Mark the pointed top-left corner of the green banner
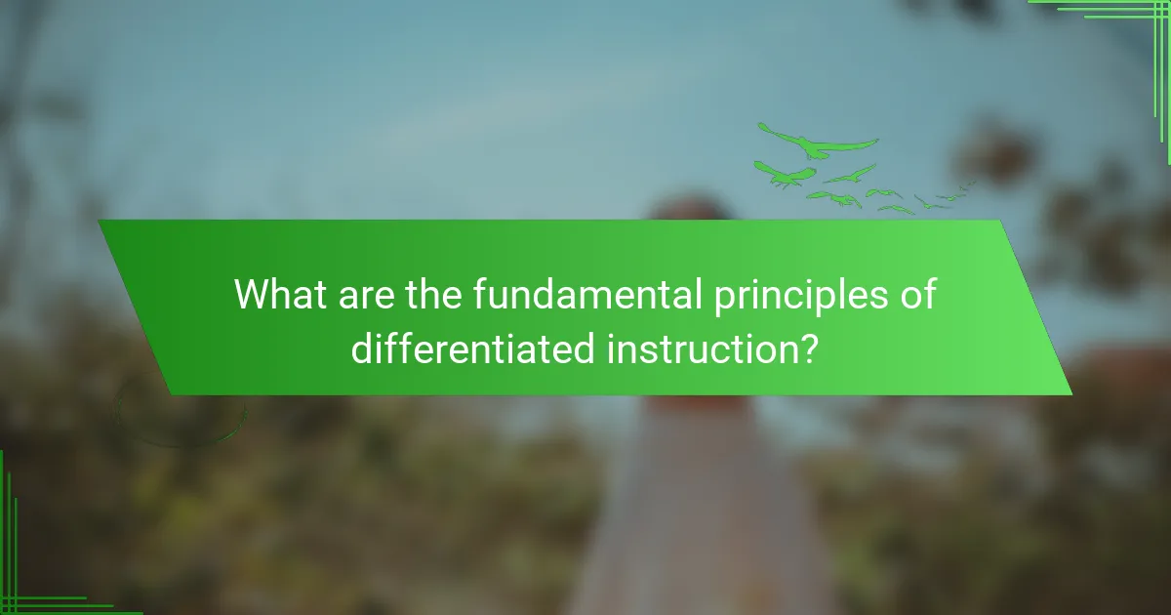100,222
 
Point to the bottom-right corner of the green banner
1070,393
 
